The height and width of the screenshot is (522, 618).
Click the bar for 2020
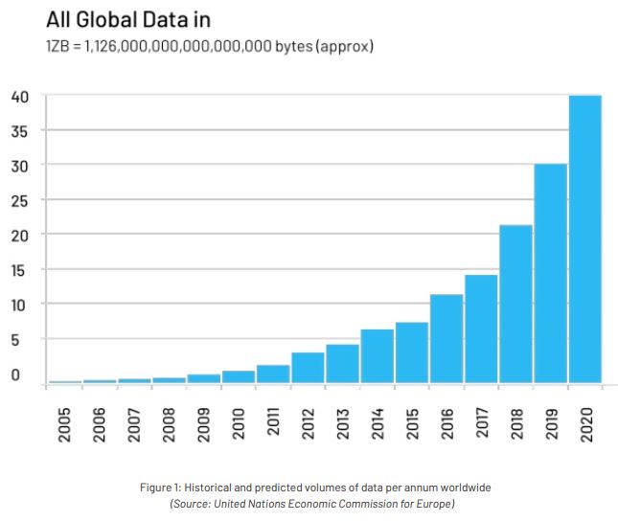tap(585, 239)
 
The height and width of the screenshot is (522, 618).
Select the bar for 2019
tap(550, 274)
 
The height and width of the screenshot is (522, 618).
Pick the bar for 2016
tap(446, 339)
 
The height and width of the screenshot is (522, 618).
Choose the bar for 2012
tap(308, 368)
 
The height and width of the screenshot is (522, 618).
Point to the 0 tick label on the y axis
tap(15, 374)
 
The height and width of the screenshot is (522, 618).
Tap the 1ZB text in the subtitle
tap(59, 46)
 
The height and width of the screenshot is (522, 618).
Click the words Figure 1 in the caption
tap(162, 488)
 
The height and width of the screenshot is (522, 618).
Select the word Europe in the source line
tap(430, 503)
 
